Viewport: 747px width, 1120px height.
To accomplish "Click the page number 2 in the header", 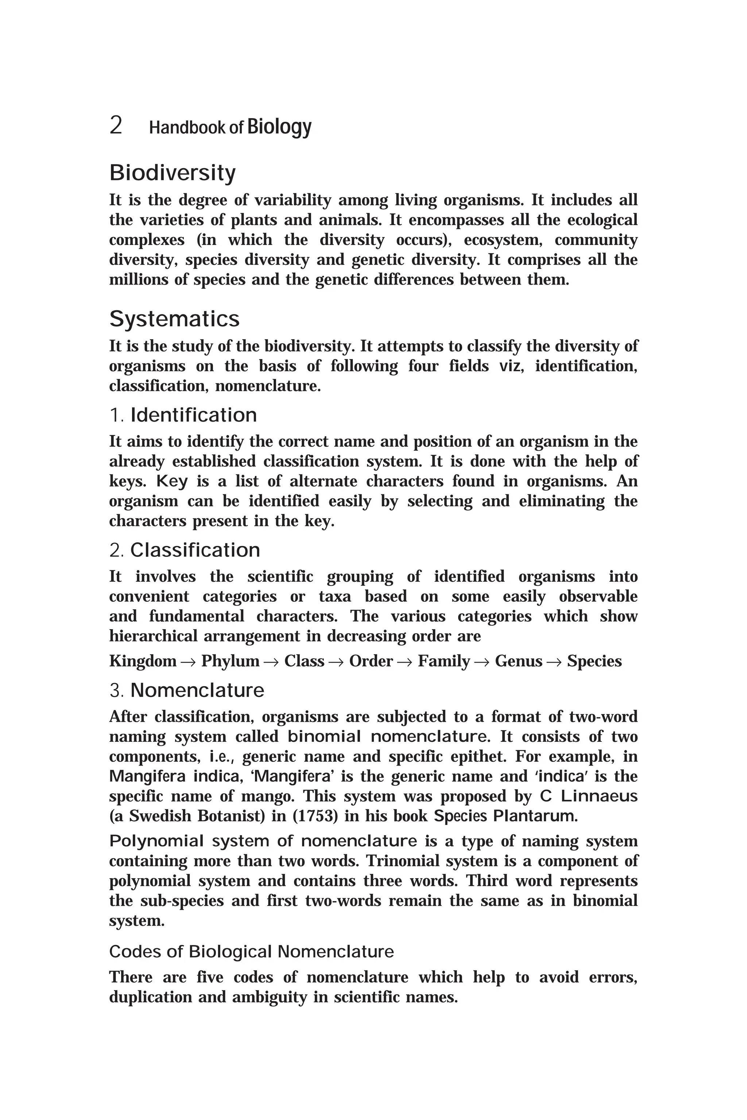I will click(116, 126).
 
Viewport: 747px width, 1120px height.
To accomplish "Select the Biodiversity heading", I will click(173, 173).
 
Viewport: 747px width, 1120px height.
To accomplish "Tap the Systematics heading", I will click(174, 319).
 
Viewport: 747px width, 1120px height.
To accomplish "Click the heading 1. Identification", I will click(183, 415).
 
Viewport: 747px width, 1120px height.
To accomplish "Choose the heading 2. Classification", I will click(185, 550).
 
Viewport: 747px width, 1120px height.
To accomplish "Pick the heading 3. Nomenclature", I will click(187, 690).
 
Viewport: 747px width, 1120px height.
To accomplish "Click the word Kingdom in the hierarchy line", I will click(143, 661).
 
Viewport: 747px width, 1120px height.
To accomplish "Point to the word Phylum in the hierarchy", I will click(230, 661).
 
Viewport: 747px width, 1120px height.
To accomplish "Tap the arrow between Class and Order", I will click(336, 662).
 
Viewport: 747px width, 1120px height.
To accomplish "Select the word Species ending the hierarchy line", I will click(594, 661).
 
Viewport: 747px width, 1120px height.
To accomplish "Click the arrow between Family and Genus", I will click(482, 662).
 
